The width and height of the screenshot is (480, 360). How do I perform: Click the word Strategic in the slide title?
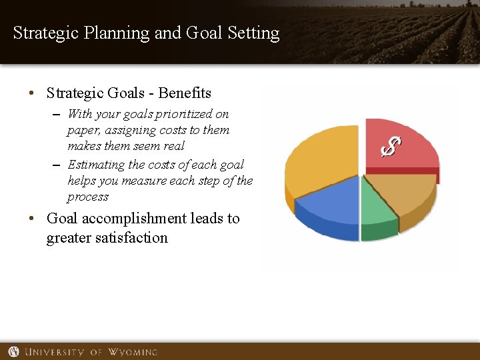[46, 33]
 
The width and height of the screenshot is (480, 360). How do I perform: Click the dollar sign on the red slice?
[391, 147]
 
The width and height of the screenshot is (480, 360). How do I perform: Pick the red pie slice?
[413, 140]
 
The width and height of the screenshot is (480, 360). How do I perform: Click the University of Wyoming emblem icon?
[13, 351]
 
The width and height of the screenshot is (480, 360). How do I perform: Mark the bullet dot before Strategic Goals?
[32, 93]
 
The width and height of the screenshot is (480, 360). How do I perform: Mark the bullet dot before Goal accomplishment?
[32, 219]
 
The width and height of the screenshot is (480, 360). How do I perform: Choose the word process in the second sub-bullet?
[87, 197]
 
